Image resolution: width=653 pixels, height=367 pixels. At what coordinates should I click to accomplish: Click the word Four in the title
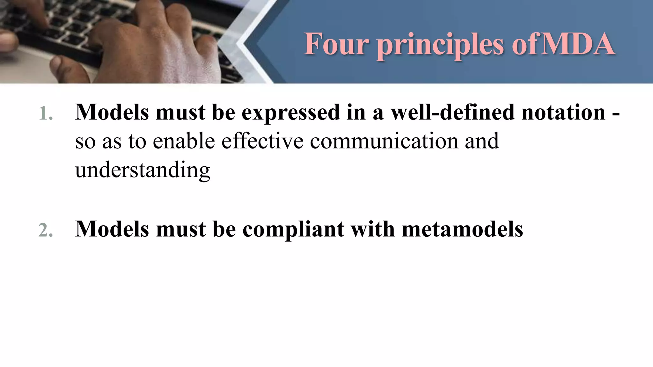(x=336, y=44)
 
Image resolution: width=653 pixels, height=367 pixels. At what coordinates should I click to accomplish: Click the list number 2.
(x=45, y=230)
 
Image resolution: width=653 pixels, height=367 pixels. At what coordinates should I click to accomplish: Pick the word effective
(x=262, y=141)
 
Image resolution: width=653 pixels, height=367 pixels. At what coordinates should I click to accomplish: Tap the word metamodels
(x=462, y=229)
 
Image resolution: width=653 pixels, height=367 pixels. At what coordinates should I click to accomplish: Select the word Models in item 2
(x=112, y=229)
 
